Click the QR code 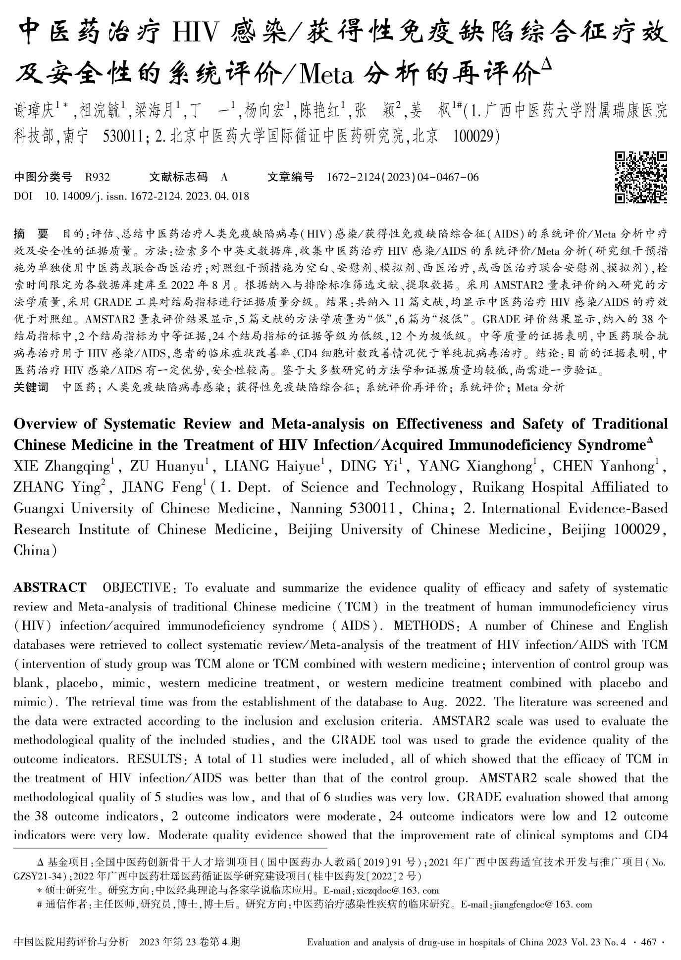pos(641,177)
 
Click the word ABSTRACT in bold pos(50,588)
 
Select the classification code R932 pos(98,177)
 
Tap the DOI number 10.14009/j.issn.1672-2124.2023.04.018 pos(147,196)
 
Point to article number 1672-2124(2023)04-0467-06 pos(403,177)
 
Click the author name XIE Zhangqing pos(62,466)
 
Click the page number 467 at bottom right pos(648,942)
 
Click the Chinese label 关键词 pos(31,387)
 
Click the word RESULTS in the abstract pos(154,759)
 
